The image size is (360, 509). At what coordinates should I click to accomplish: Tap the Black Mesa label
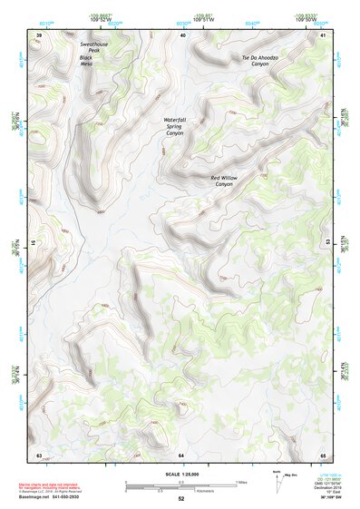(86, 61)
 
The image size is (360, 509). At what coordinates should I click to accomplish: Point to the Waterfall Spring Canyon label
(174, 126)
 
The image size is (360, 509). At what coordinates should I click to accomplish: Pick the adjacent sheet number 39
(39, 35)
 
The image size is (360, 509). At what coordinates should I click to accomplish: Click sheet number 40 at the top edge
(182, 35)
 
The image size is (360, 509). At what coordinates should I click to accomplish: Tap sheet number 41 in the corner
(324, 35)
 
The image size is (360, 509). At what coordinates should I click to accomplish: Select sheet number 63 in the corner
(39, 455)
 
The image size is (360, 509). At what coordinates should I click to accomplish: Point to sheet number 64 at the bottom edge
(181, 455)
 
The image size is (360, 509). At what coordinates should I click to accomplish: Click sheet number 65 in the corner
(324, 455)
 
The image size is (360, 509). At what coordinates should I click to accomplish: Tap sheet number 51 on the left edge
(35, 243)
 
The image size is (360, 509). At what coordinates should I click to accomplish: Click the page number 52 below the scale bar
(181, 500)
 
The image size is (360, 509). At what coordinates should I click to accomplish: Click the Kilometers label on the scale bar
(183, 488)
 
